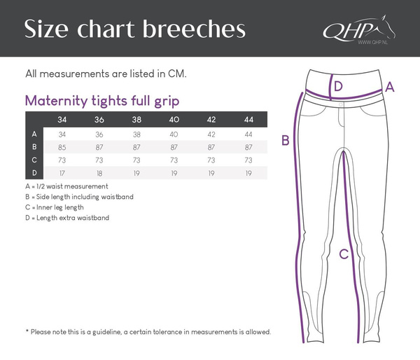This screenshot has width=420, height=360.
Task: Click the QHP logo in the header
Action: [x=356, y=32]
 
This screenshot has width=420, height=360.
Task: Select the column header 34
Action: [x=62, y=120]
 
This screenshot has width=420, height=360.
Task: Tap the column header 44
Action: [x=248, y=120]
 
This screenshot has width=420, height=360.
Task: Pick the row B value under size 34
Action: [x=62, y=147]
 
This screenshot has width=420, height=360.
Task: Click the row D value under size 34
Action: [x=62, y=173]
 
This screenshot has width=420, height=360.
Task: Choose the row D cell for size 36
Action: [x=99, y=173]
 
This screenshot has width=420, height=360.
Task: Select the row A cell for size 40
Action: [x=174, y=134]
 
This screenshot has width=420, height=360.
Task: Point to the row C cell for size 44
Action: [x=248, y=160]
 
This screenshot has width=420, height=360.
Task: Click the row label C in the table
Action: [x=34, y=160]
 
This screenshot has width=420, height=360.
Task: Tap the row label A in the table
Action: [x=34, y=134]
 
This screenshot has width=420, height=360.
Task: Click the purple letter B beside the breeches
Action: [x=285, y=141]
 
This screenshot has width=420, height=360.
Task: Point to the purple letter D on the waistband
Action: [x=338, y=87]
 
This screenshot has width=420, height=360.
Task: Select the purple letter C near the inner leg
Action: [x=344, y=255]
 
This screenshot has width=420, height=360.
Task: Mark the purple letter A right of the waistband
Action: [x=391, y=87]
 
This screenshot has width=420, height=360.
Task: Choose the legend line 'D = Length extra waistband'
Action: [x=67, y=218]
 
